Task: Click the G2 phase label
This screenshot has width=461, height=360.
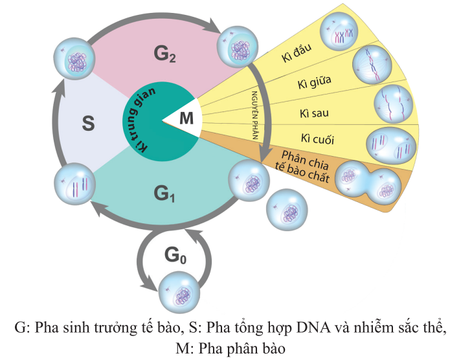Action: [165, 54]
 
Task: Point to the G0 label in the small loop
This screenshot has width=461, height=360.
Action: [175, 256]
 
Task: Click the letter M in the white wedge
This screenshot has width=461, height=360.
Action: [186, 118]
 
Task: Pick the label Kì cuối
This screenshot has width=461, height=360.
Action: [313, 140]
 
